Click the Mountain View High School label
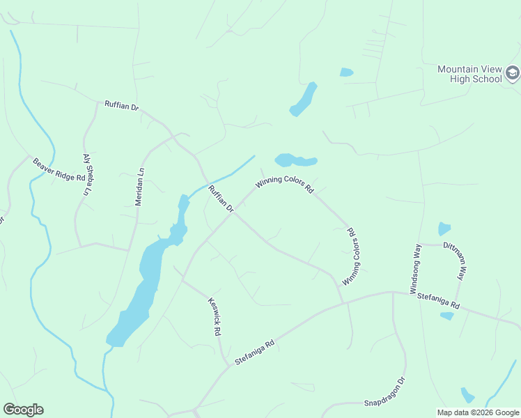tap(469, 74)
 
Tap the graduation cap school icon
tap(513, 73)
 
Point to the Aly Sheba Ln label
tap(87, 174)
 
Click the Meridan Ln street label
tap(139, 187)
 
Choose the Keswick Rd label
tap(215, 317)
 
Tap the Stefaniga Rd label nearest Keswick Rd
tap(254, 348)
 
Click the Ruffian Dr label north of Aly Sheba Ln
tap(122, 107)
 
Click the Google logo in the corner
tap(23, 410)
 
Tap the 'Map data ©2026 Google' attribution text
tap(478, 412)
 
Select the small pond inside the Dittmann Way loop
tap(444, 229)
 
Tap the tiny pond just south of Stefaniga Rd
tap(446, 316)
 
